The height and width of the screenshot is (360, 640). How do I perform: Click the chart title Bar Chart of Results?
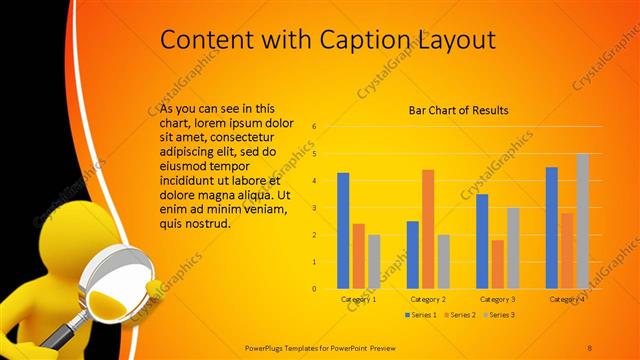(x=459, y=110)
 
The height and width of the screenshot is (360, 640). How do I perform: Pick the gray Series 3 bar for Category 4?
(x=582, y=221)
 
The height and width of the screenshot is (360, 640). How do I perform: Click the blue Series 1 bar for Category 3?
(x=482, y=241)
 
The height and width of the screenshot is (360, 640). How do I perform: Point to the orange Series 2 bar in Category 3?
(x=497, y=264)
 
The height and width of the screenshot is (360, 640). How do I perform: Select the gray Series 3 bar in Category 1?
(x=374, y=262)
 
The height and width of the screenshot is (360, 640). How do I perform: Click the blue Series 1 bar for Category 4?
(x=551, y=228)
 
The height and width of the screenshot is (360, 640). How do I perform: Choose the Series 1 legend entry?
(x=421, y=315)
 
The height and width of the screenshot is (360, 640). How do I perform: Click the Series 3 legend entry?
(x=499, y=315)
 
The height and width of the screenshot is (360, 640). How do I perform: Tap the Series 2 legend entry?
(x=460, y=315)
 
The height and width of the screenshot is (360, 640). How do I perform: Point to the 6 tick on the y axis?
(x=314, y=127)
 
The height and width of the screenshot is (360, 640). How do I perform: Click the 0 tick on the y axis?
(x=314, y=289)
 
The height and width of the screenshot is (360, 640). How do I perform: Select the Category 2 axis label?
(x=428, y=299)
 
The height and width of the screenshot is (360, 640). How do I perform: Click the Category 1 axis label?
(x=358, y=299)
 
